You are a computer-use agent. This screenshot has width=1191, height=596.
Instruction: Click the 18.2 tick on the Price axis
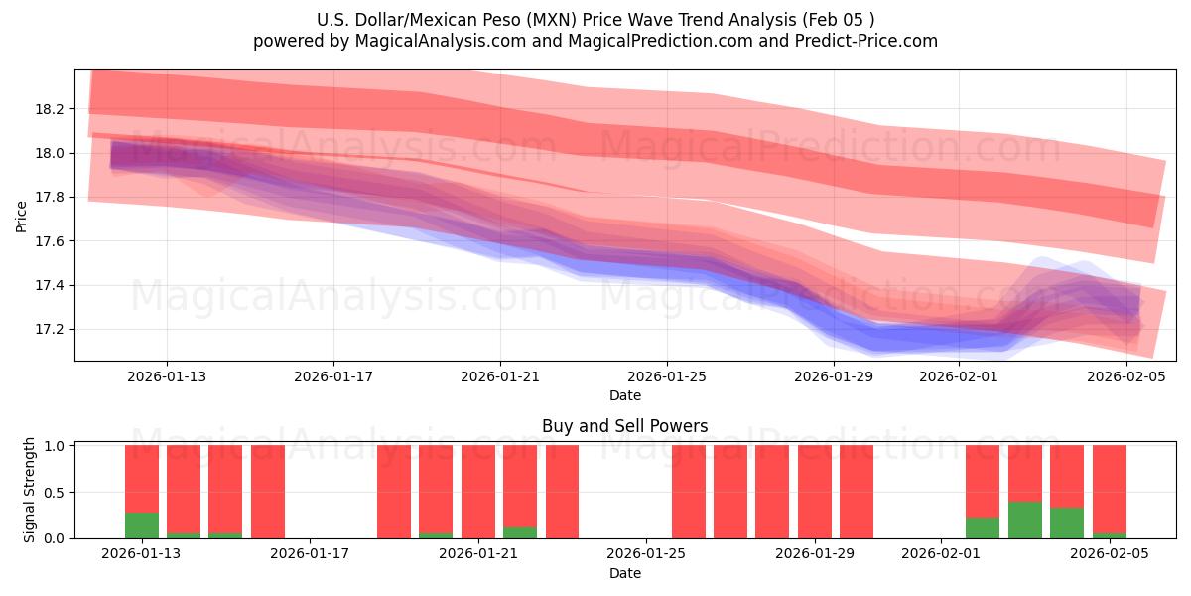click(51, 109)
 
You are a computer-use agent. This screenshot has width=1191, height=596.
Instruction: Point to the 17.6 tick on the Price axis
click(51, 241)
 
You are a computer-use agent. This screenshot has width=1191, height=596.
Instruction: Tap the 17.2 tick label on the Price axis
click(51, 330)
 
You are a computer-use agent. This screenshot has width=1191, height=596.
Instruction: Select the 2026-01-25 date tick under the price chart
click(666, 376)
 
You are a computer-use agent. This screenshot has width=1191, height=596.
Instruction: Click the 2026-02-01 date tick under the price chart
click(959, 376)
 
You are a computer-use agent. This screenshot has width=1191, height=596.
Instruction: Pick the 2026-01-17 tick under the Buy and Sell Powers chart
click(311, 554)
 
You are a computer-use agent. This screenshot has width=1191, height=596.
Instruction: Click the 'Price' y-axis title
click(22, 215)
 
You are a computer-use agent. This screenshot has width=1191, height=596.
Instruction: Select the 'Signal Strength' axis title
click(30, 490)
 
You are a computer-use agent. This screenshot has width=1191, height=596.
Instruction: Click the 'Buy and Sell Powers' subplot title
click(624, 426)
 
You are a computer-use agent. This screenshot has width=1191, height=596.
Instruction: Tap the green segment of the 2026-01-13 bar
click(142, 525)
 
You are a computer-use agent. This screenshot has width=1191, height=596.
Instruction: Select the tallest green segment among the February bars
click(1024, 520)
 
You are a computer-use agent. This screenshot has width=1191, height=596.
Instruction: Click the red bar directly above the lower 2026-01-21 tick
click(478, 492)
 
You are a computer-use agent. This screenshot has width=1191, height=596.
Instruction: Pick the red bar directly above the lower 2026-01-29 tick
click(814, 492)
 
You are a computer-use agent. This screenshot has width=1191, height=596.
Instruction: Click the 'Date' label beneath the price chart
click(624, 395)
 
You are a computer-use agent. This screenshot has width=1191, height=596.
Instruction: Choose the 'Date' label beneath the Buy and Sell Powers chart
click(624, 573)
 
